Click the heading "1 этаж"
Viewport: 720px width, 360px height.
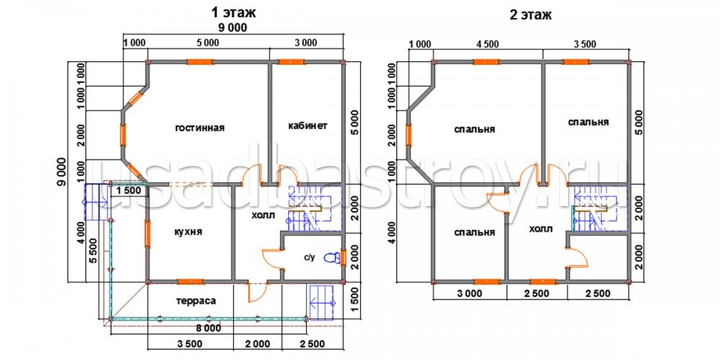[233, 12]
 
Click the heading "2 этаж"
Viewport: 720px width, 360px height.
[531, 15]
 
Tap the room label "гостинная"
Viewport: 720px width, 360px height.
[199, 128]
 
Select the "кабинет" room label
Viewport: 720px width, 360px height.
[307, 125]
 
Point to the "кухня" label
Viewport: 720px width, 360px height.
[188, 233]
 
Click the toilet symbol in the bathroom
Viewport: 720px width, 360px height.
[330, 258]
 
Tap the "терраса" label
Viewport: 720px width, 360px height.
[196, 301]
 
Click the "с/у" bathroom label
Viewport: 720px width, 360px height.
[309, 258]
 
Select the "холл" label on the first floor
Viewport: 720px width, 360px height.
[263, 215]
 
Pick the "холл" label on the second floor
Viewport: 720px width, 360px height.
[541, 229]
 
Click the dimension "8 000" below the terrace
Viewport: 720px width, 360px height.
[207, 329]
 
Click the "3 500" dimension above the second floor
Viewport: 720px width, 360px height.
[584, 45]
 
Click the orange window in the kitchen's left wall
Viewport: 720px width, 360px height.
[148, 234]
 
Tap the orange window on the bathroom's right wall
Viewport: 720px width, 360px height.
[343, 258]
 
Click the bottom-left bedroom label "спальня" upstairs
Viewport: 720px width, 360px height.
[474, 233]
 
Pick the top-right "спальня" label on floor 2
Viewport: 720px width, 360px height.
[588, 122]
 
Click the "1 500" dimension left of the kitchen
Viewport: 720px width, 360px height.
[128, 191]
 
